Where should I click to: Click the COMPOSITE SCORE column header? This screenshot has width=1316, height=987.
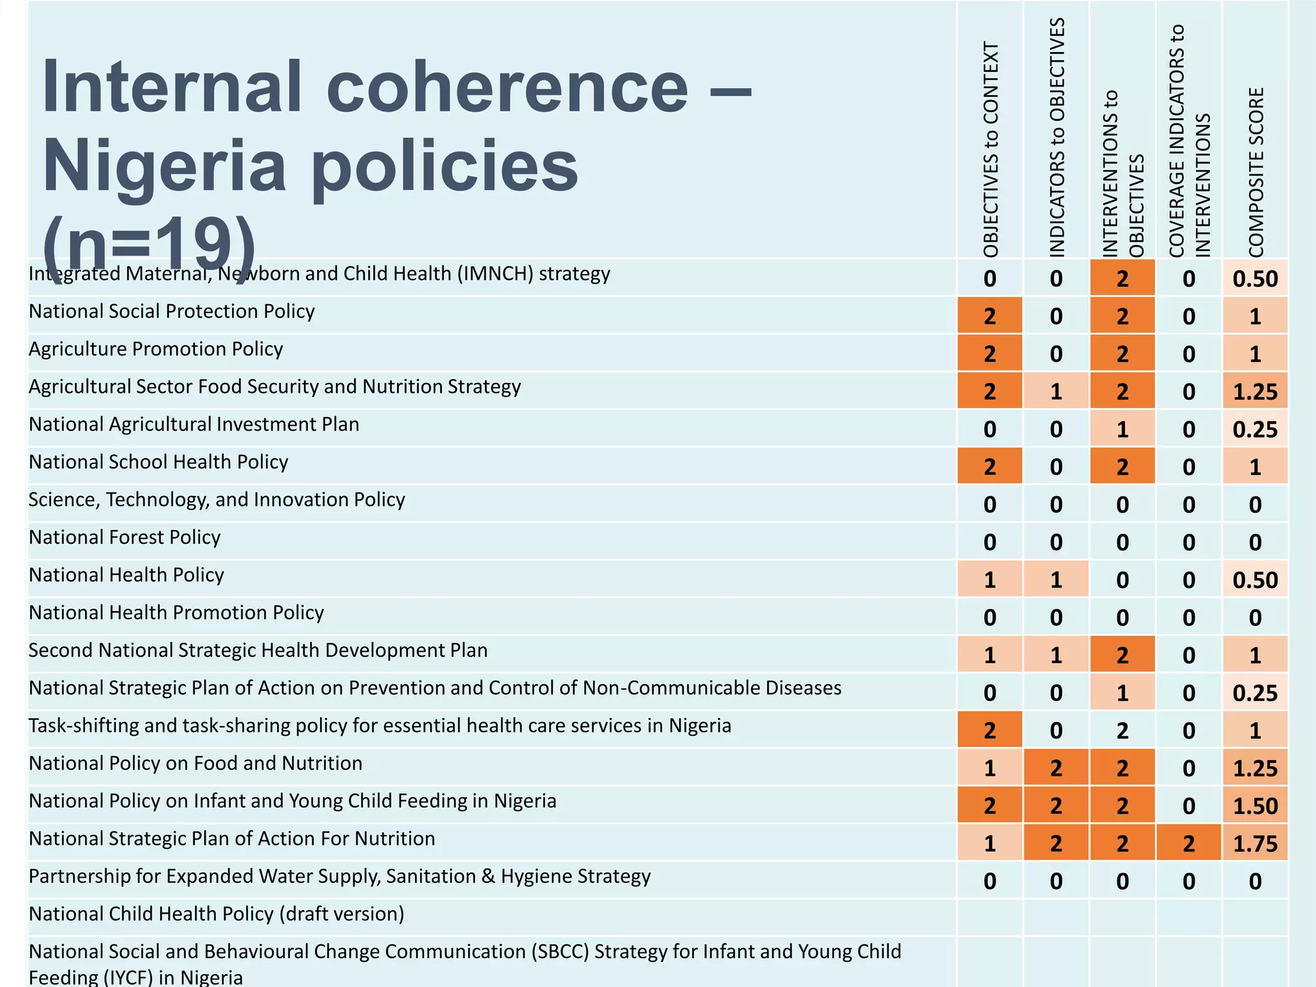1256,172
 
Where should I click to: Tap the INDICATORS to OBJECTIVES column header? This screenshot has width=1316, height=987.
1056,138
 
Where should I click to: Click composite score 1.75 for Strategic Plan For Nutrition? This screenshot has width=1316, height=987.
1255,843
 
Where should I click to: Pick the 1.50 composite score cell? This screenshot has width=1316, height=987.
1255,806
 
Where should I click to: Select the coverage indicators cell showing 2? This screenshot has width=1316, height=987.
1188,843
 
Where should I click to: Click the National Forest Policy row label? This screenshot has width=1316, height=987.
125,537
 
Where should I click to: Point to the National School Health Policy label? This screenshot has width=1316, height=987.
159,462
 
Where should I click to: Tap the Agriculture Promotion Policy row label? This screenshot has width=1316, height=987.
156,349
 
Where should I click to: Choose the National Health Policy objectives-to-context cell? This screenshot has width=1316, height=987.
990,580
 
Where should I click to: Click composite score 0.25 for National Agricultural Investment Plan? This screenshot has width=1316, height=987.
1255,429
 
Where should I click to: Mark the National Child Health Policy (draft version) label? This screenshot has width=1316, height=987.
217,914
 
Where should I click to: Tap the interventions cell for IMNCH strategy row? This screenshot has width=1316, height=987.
1122,278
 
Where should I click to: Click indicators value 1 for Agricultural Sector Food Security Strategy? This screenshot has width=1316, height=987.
1056,391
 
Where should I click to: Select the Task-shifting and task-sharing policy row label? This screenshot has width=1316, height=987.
380,725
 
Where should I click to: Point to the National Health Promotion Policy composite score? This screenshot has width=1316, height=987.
1255,618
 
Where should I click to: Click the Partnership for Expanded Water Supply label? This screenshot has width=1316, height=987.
340,876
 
